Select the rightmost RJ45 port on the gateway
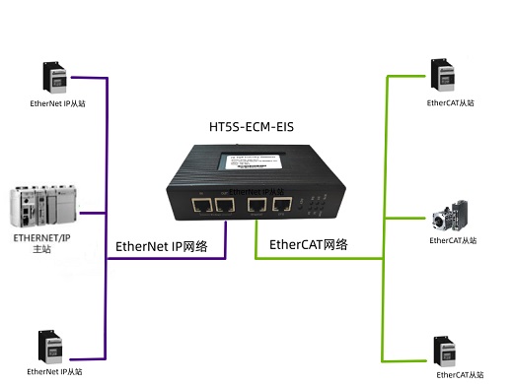282,206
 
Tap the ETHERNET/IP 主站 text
39,243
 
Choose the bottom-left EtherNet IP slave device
54,346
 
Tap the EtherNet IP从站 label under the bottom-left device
54,371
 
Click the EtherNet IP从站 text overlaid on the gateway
256,192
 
